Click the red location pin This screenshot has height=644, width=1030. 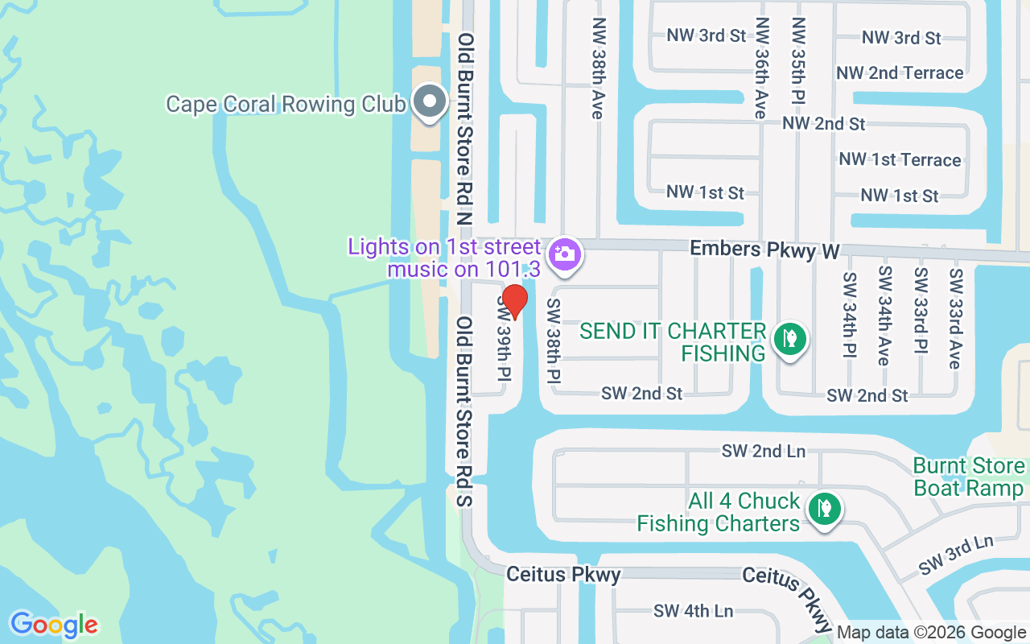pos(514,301)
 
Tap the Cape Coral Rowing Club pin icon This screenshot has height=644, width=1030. pos(431,101)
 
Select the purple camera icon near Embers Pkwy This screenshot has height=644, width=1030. pos(565,254)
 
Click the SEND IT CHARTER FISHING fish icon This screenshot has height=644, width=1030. pos(790,338)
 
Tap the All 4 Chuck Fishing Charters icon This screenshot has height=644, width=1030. pos(823,509)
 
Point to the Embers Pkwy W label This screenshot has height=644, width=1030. pos(764,250)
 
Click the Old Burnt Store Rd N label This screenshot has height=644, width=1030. pos(465,129)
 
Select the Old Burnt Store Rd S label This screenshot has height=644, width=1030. pos(465,411)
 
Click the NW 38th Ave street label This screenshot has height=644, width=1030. pos(597,68)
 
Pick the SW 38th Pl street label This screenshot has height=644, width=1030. pos(554,341)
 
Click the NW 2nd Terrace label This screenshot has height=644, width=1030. pos(900,73)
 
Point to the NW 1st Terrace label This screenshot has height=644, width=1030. pos(900,159)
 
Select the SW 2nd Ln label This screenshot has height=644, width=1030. pos(763,451)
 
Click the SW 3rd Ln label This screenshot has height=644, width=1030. pos(956,555)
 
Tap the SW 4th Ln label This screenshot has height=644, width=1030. pos(693,611)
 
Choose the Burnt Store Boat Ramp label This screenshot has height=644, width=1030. pos(969,477)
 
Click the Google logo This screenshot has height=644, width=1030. pos(54,625)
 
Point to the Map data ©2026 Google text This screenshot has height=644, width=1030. pos(931,633)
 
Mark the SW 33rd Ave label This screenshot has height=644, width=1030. pos(955,318)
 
